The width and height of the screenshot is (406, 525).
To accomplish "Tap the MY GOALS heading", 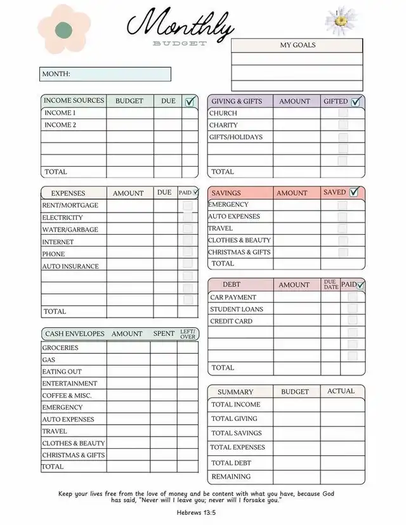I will pyautogui.click(x=298, y=45).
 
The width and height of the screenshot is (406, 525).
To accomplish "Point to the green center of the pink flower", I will pyautogui.click(x=63, y=29).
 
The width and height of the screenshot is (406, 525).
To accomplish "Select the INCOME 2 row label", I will pyautogui.click(x=60, y=125).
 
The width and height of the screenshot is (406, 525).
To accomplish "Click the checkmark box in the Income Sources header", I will pyautogui.click(x=190, y=101).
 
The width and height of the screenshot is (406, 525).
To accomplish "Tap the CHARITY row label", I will pyautogui.click(x=223, y=125).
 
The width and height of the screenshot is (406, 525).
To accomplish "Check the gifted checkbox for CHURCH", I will pyautogui.click(x=343, y=113).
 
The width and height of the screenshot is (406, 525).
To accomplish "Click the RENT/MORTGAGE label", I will pyautogui.click(x=70, y=205).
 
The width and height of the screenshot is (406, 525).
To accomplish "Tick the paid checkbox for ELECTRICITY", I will pyautogui.click(x=188, y=217).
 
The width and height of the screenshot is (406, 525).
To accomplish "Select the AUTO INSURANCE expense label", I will pyautogui.click(x=70, y=266).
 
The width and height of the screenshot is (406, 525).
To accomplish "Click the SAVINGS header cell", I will pyautogui.click(x=226, y=193).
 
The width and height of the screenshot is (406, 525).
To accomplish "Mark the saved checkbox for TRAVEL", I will pyautogui.click(x=343, y=228).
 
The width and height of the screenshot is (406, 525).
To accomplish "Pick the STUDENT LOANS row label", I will pyautogui.click(x=237, y=309).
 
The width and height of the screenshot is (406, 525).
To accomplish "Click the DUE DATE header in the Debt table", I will pyautogui.click(x=330, y=285).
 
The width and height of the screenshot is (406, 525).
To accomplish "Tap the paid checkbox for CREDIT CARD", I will pyautogui.click(x=353, y=321).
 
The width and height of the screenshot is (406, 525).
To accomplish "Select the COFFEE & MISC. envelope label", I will pyautogui.click(x=67, y=395).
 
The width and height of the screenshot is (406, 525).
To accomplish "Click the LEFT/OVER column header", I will pyautogui.click(x=188, y=334).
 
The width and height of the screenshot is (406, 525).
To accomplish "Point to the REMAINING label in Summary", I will pyautogui.click(x=231, y=476).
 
